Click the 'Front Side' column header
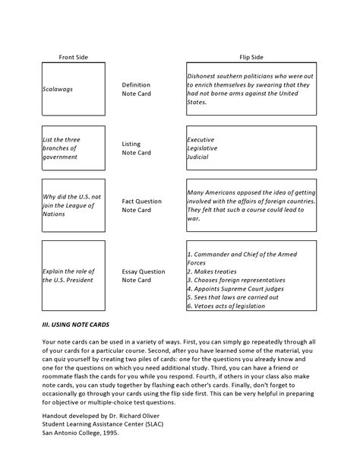pos(74,57)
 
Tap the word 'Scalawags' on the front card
pos(58,89)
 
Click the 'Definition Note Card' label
pos(137,90)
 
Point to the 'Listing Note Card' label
pos(137,148)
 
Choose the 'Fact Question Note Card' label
pos(142,206)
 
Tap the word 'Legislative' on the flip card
pos(203,149)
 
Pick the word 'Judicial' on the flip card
pos(198,157)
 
